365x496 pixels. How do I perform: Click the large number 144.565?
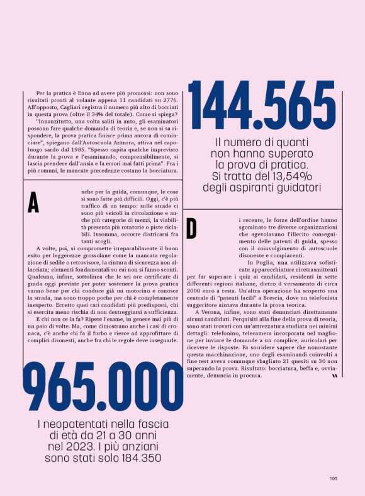pyautogui.click(x=262, y=105)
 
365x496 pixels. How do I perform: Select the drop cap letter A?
pyautogui.click(x=33, y=202)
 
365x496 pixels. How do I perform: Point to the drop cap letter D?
pyautogui.click(x=192, y=229)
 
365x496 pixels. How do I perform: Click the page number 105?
pyautogui.click(x=334, y=478)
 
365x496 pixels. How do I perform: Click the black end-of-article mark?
pyautogui.click(x=335, y=376)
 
